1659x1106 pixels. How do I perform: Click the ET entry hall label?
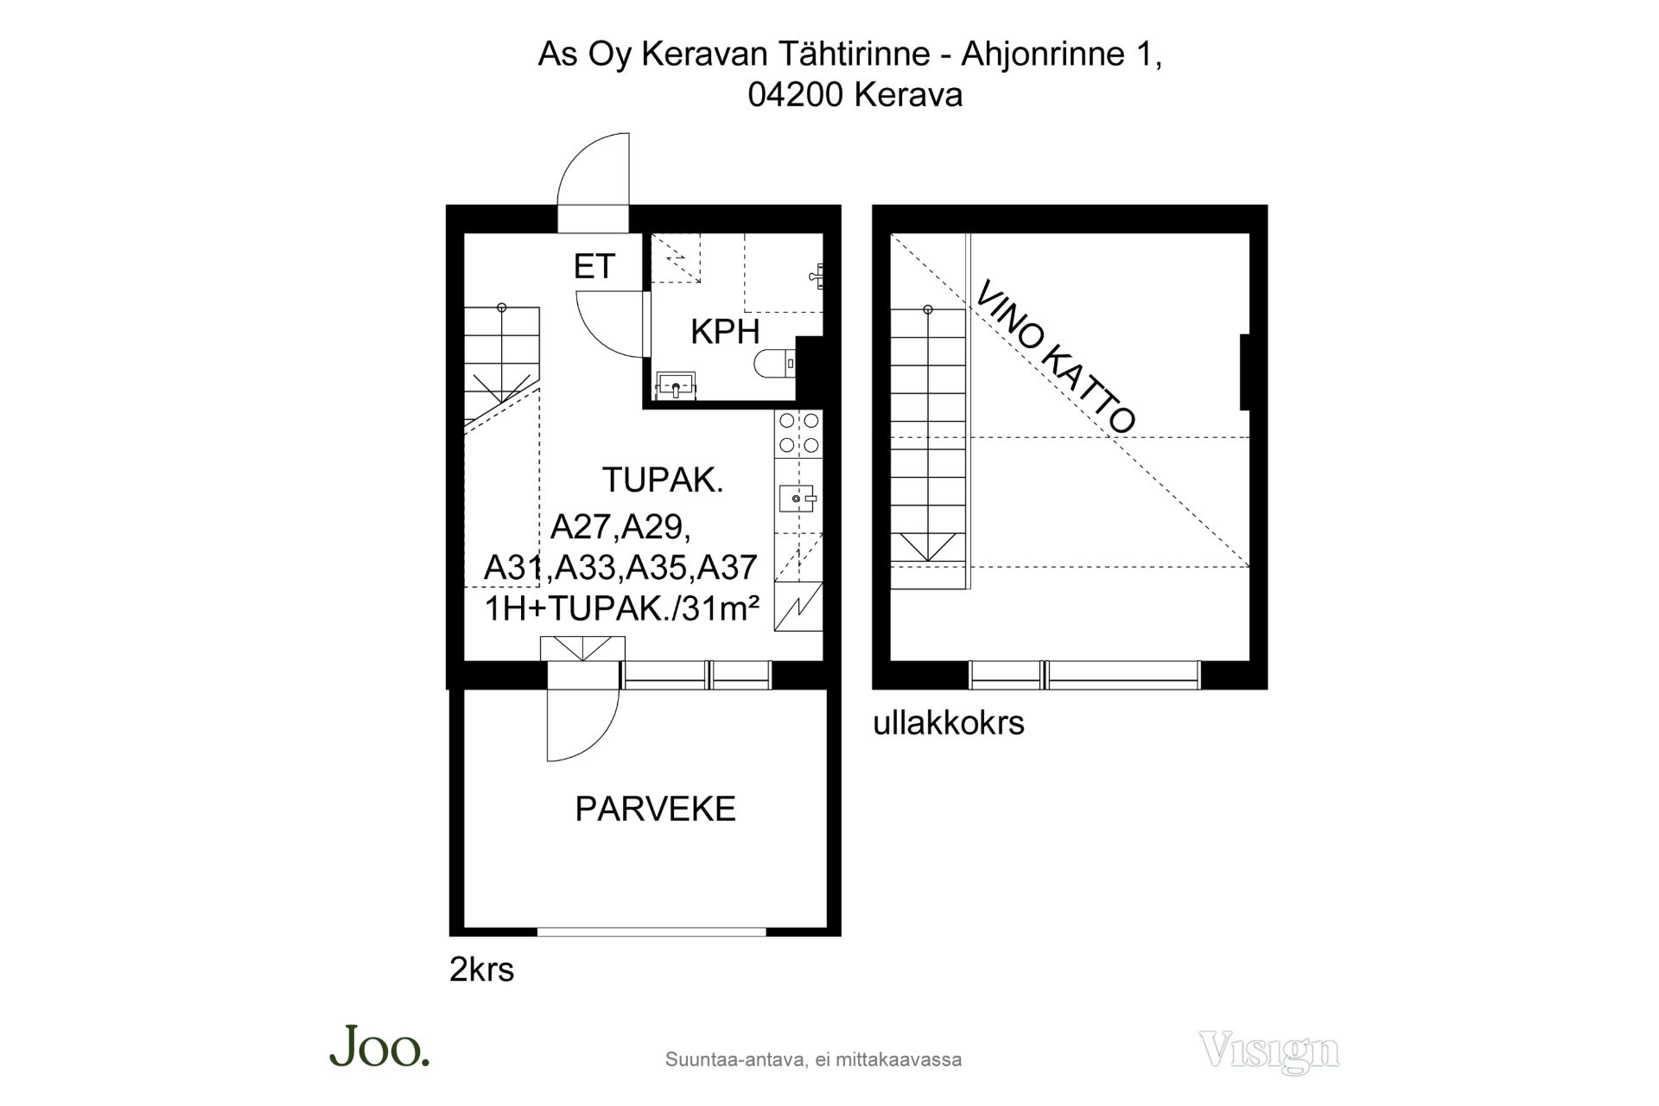[594, 266]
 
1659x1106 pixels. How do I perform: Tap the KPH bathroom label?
[725, 332]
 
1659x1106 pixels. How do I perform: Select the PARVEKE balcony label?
[655, 809]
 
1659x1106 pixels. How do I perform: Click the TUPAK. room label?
[663, 480]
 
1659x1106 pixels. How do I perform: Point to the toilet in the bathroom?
[774, 364]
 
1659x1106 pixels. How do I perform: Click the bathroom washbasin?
[676, 385]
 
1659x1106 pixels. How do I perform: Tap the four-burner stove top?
[799, 433]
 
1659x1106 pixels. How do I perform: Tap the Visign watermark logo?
[1269, 1052]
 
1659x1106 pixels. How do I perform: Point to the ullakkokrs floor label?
[948, 723]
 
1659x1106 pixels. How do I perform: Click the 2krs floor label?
[481, 969]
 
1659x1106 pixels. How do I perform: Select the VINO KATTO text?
[1055, 357]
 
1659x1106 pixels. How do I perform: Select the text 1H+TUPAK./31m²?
[622, 610]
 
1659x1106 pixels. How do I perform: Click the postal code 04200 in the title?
[796, 95]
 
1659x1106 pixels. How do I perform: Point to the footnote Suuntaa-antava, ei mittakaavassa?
[813, 1059]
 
